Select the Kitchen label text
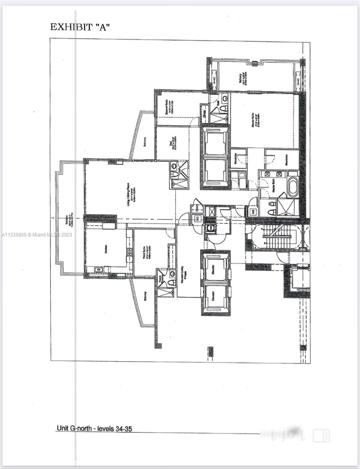click(106, 249)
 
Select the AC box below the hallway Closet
click(197, 218)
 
